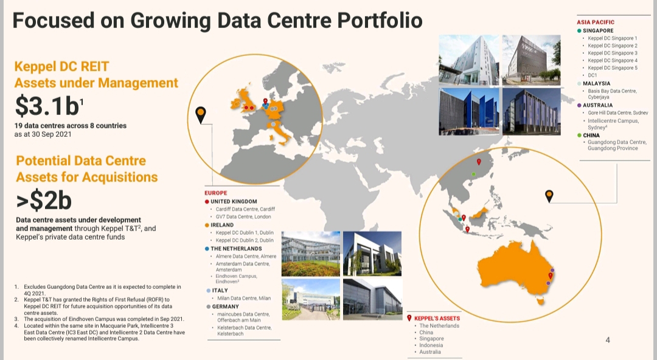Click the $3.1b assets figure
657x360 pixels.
pyautogui.click(x=49, y=106)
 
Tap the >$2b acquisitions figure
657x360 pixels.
pyautogui.click(x=44, y=200)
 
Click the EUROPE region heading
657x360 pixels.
pyautogui.click(x=216, y=193)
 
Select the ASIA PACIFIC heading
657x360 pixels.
pyautogui.click(x=596, y=22)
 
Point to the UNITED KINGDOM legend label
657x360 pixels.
pyautogui.click(x=234, y=201)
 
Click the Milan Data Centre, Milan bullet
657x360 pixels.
pyautogui.click(x=244, y=299)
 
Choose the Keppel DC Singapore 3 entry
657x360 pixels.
pyautogui.click(x=613, y=54)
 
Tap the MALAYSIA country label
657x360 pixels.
pyautogui.click(x=597, y=83)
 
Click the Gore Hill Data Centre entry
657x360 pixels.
pyautogui.click(x=617, y=112)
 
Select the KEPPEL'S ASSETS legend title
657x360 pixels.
pyautogui.click(x=437, y=319)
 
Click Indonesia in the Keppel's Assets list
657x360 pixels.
pyautogui.click(x=431, y=345)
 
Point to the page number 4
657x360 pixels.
pyautogui.click(x=608, y=340)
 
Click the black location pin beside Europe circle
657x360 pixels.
pyautogui.click(x=201, y=115)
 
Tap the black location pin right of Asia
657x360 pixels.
pyautogui.click(x=549, y=196)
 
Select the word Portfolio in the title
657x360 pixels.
pyautogui.click(x=380, y=21)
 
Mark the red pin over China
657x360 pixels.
pyautogui.click(x=479, y=162)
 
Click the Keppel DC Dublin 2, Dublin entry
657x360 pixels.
pyautogui.click(x=245, y=241)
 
